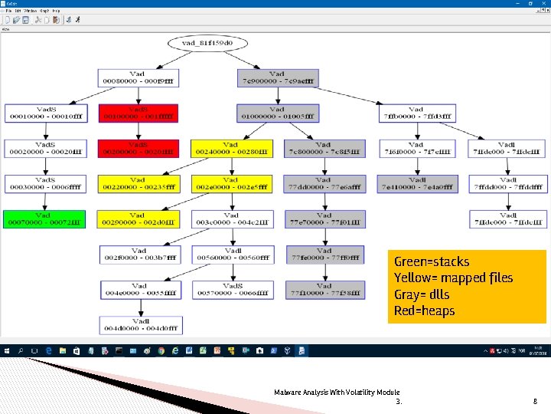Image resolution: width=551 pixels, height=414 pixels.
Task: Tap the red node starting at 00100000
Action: pyautogui.click(x=139, y=113)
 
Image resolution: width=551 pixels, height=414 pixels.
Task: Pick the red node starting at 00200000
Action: pyautogui.click(x=139, y=148)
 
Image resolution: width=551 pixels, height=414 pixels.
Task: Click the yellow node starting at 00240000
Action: pyautogui.click(x=231, y=148)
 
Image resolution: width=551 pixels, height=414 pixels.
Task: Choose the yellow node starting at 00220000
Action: pyautogui.click(x=139, y=183)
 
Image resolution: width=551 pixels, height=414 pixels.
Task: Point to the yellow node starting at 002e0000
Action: pyautogui.click(x=231, y=183)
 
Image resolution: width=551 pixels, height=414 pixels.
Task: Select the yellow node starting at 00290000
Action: pyautogui.click(x=139, y=219)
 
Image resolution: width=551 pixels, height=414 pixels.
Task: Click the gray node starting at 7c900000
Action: pyautogui.click(x=278, y=77)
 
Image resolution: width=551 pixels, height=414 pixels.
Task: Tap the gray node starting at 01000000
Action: pyautogui.click(x=278, y=113)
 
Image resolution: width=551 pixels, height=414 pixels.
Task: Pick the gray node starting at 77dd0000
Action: pyautogui.click(x=324, y=183)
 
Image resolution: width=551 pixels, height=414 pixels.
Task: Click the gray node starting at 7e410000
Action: pyautogui.click(x=417, y=183)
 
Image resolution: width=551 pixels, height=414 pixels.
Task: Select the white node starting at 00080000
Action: pyautogui.click(x=139, y=77)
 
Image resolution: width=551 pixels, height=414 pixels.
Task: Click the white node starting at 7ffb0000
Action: pyautogui.click(x=417, y=113)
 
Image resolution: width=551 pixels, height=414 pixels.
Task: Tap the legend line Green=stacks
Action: pyautogui.click(x=432, y=261)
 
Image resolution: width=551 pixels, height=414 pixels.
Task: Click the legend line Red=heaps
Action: pyautogui.click(x=424, y=310)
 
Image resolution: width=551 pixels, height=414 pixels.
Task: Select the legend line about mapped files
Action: pyautogui.click(x=453, y=278)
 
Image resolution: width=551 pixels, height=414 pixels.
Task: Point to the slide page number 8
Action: pyautogui.click(x=535, y=400)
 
